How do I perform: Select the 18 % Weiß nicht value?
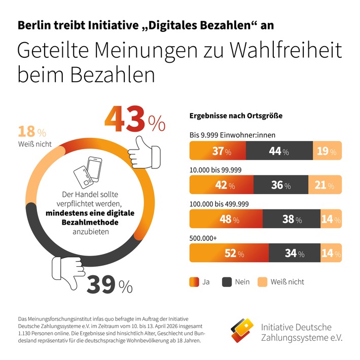(32, 133)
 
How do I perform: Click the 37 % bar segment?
(217, 151)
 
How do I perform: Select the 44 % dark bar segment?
(279, 151)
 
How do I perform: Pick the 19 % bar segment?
(327, 151)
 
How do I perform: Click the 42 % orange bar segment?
(221, 185)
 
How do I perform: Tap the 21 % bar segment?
(325, 185)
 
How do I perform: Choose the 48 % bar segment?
(226, 219)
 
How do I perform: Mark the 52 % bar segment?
(229, 253)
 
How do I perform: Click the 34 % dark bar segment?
(294, 253)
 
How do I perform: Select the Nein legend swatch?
(225, 281)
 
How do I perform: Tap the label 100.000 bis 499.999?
(219, 204)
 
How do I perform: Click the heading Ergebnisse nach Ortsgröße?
(236, 116)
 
